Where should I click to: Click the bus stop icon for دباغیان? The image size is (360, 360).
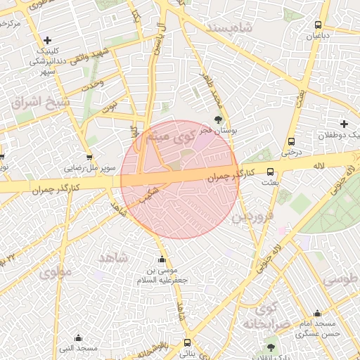(x=319, y=25)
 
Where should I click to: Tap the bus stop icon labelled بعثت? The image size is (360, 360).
(x=270, y=172)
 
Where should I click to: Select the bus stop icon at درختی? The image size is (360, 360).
(x=291, y=140)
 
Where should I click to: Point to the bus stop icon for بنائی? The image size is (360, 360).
(x=186, y=343)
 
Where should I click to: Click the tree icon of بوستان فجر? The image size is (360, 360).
(x=217, y=120)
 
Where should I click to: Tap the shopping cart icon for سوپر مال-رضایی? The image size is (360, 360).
(x=89, y=158)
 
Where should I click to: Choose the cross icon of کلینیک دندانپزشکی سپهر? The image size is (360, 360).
(x=47, y=41)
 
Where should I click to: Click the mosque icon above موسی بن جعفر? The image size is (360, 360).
(x=162, y=258)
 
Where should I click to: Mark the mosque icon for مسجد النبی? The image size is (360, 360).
(x=78, y=337)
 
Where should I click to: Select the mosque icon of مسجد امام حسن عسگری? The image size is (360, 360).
(x=317, y=314)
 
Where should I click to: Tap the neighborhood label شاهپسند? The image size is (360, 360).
(x=230, y=27)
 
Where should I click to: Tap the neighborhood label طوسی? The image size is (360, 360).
(x=341, y=279)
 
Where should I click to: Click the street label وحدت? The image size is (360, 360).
(x=93, y=84)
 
